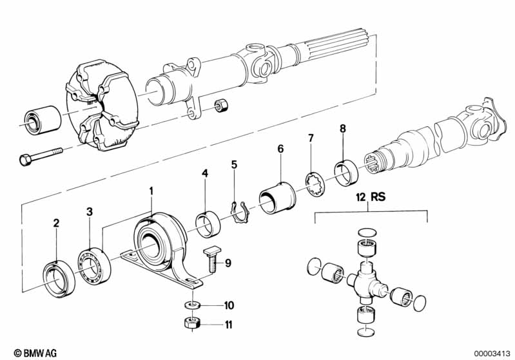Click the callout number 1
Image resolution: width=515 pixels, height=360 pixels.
pos(151,191)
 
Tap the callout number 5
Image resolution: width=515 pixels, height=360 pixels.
pos(234,164)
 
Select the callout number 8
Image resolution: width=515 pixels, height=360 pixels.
pos(343,129)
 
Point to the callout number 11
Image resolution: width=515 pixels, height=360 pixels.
pos(228,325)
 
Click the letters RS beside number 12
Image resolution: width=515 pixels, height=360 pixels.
pos(378,196)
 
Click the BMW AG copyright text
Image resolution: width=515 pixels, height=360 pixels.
pos(35,353)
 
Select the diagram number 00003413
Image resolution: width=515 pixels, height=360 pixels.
pos(492,354)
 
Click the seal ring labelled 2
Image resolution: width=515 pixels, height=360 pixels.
pos(59,279)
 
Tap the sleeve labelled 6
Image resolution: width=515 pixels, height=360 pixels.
pos(277,198)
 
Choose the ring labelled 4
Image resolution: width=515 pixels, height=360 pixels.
pos(208,225)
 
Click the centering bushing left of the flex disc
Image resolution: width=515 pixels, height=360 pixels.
pos(43,120)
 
